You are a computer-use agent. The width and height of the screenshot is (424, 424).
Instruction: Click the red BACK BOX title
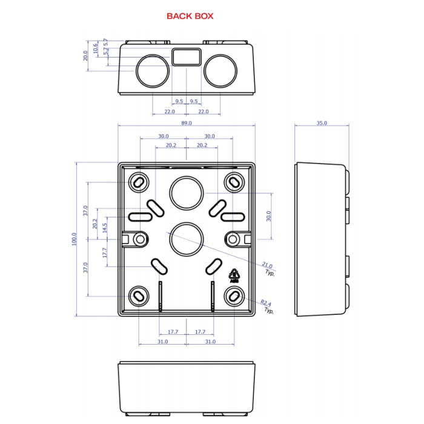point(190,16)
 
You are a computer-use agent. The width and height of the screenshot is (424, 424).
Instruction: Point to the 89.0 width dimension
point(187,123)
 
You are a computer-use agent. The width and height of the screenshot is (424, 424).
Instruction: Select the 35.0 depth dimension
point(321,123)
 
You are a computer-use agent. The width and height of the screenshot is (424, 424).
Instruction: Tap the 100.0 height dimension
point(74,239)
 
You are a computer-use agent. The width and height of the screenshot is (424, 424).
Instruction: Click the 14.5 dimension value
point(104,228)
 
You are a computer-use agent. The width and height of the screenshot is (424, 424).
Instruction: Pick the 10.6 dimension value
point(96,48)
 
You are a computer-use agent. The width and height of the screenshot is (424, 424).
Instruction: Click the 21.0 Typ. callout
point(268,268)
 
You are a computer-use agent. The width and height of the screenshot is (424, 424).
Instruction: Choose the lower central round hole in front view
point(186,238)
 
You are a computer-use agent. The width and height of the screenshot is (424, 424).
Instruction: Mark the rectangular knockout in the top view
point(186,57)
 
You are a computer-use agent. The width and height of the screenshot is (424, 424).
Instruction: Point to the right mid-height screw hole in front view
point(233,239)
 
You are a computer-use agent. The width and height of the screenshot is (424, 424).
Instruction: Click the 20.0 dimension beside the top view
point(86,56)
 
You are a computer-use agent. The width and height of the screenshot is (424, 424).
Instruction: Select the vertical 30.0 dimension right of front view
point(268,216)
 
